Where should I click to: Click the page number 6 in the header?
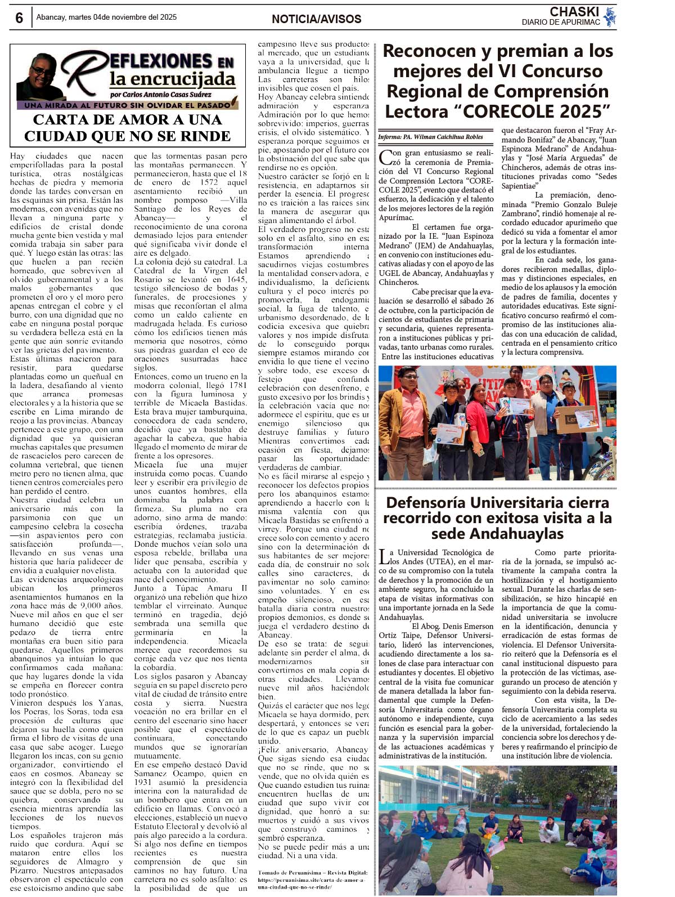point(19,18)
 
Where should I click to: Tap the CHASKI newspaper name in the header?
point(574,12)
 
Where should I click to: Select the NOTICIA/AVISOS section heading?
point(316,19)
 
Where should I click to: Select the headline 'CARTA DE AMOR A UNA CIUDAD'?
point(128,128)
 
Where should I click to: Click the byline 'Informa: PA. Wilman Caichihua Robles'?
point(430,137)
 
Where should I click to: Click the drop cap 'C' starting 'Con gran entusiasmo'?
point(386,157)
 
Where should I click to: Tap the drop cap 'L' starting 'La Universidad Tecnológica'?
point(384,556)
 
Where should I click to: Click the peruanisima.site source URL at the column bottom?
point(311,882)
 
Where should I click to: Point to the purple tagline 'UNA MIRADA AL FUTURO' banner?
point(127,105)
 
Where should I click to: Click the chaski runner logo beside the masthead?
point(609,17)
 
